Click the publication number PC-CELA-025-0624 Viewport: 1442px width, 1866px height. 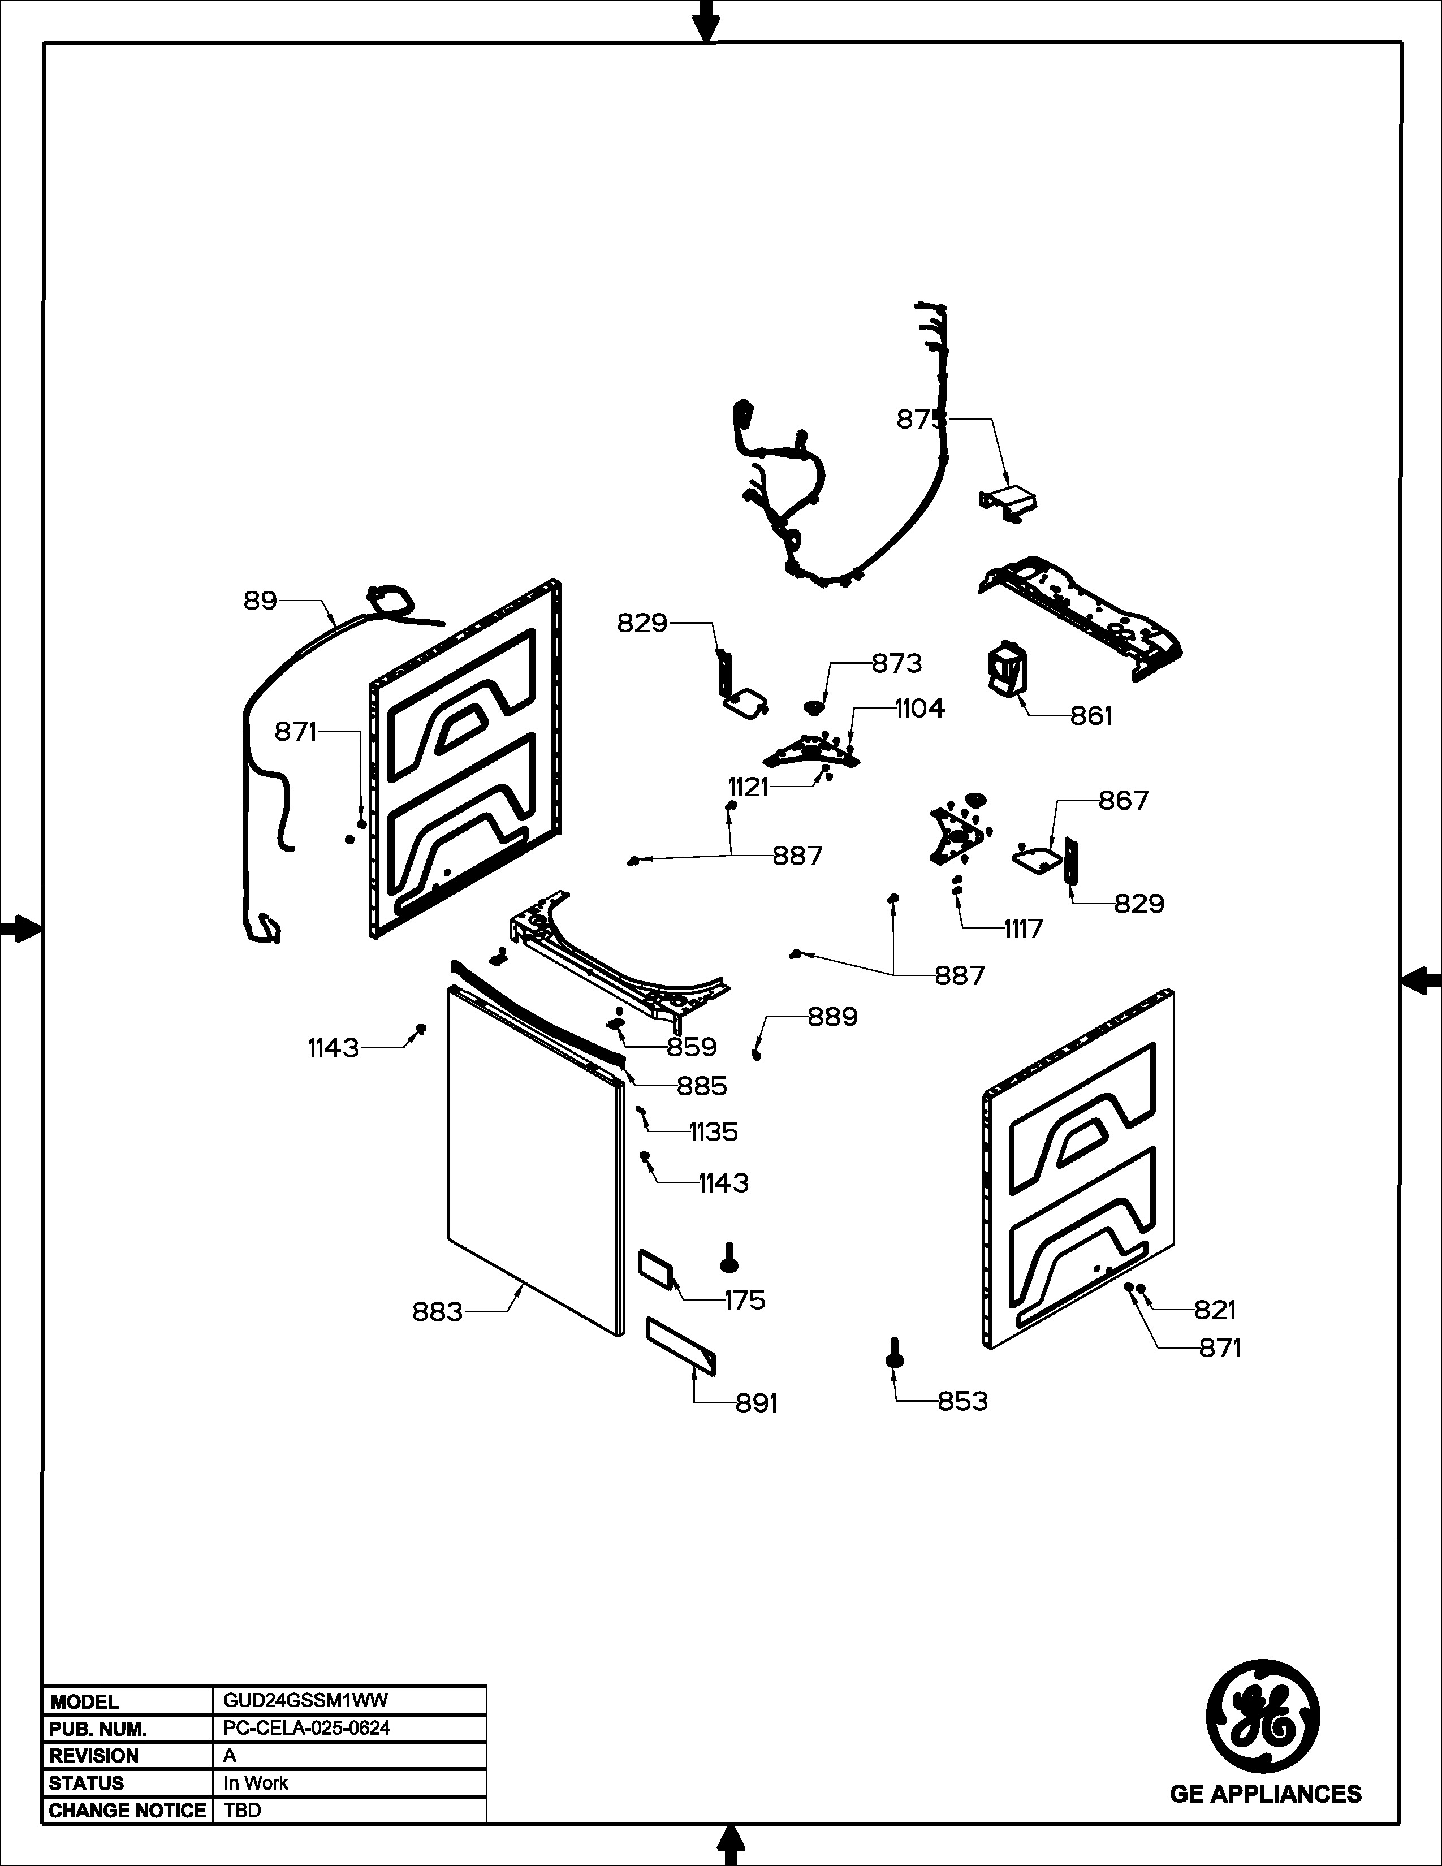306,1727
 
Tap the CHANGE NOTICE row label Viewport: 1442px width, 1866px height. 127,1811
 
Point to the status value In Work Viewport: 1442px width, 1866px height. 256,1783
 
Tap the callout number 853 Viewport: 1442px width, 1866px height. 963,1401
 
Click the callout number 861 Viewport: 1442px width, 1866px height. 1091,716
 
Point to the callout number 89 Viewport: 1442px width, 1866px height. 261,602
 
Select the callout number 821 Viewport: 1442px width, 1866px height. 1215,1310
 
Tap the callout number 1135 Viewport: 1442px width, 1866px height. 713,1132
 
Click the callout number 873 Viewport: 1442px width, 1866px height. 897,663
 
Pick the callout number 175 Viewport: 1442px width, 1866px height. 745,1301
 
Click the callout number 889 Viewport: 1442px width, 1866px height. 833,1017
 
